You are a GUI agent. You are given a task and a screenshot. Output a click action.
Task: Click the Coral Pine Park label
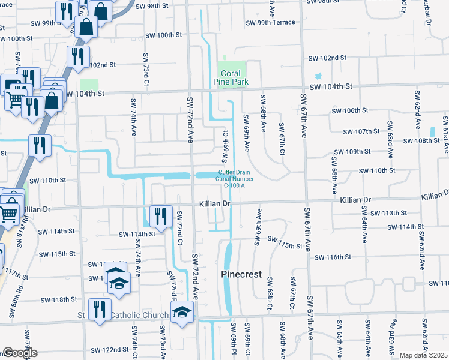231,77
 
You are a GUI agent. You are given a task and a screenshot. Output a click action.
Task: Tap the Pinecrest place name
241,274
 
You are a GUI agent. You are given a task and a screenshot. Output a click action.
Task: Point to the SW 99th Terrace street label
270,23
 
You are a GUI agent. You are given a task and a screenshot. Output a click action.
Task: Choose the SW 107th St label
361,131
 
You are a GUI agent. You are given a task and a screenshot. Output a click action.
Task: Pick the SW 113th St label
390,213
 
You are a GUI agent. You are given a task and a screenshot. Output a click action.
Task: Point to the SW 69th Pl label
234,339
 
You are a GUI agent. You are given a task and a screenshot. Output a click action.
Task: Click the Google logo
20,353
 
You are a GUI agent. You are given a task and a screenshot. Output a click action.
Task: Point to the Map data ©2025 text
423,355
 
